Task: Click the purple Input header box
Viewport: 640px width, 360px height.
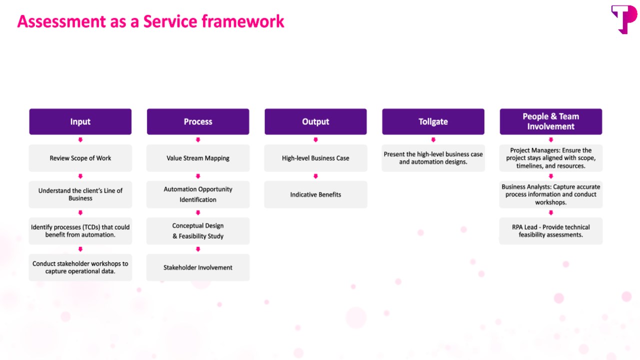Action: click(x=80, y=121)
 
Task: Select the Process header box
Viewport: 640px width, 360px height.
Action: click(x=198, y=121)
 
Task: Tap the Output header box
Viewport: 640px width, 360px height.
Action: click(x=315, y=121)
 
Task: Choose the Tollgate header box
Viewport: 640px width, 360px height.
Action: click(x=433, y=121)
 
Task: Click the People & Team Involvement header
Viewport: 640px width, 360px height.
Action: click(x=551, y=121)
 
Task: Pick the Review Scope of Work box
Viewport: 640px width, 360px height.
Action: click(x=80, y=158)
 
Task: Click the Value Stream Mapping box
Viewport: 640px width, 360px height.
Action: click(x=198, y=158)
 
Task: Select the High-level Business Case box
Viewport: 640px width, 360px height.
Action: click(x=315, y=158)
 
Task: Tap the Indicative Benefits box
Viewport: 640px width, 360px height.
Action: click(x=315, y=194)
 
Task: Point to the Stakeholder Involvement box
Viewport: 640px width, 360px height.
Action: click(x=198, y=267)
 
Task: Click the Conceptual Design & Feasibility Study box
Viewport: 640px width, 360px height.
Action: click(x=198, y=231)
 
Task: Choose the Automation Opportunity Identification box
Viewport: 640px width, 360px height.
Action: click(x=198, y=194)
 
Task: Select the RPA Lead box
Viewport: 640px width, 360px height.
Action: click(x=551, y=231)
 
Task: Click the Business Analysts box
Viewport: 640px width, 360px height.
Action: click(x=551, y=194)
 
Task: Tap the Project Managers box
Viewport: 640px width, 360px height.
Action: click(x=551, y=158)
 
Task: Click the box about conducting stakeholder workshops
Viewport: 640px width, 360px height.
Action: click(x=80, y=267)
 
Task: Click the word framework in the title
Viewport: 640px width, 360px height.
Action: click(x=243, y=21)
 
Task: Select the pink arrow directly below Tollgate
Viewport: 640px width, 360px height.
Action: click(x=433, y=139)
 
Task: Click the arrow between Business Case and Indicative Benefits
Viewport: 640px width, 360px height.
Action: click(x=315, y=176)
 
